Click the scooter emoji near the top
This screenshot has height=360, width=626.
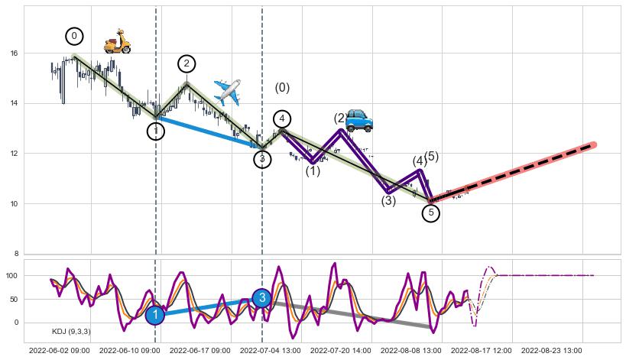coord(117,41)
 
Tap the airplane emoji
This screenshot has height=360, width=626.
coord(227,92)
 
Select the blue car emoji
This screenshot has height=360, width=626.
coord(358,120)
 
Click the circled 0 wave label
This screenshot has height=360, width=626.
coord(73,36)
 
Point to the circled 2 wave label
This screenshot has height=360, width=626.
coord(187,63)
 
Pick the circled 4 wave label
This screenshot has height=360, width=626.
coord(282,118)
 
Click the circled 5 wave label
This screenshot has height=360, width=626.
coord(430,212)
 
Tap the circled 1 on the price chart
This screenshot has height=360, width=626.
coord(156,131)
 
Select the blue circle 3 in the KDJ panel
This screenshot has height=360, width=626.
coord(261,298)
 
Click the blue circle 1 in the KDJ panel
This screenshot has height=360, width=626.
coord(155,315)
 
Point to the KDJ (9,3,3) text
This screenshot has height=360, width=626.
coord(71,332)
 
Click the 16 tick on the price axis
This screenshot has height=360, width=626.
coord(14,54)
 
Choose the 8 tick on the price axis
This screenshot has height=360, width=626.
coord(16,254)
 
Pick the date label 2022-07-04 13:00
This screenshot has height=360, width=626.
coord(270,350)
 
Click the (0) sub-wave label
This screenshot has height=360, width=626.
coord(282,88)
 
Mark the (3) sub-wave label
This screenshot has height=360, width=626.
coord(388,201)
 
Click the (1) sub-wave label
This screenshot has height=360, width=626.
coord(313,171)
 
